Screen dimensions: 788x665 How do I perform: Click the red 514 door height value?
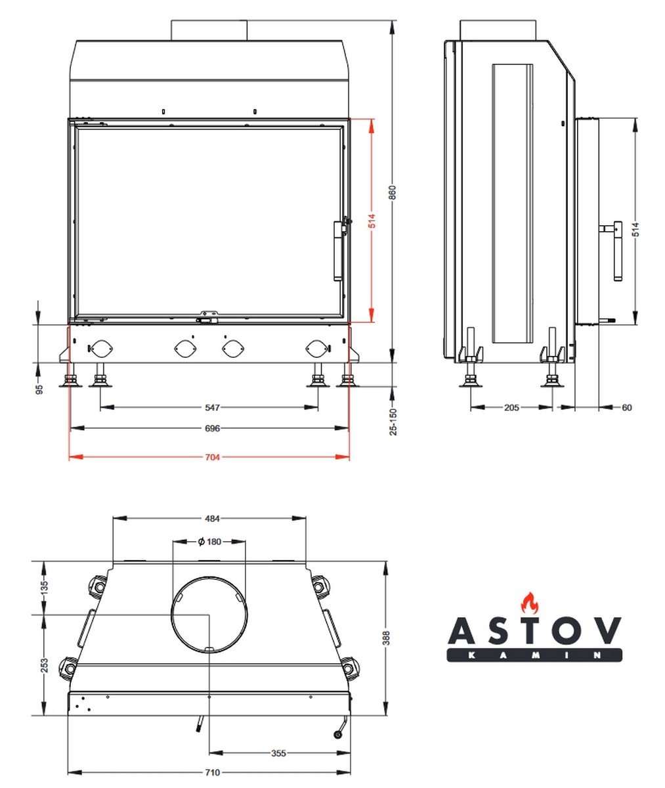coord(372,222)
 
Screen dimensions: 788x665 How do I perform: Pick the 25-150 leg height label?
coord(393,422)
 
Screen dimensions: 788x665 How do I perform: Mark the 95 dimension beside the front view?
coord(39,388)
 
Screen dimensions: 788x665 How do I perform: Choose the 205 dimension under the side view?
coord(511,408)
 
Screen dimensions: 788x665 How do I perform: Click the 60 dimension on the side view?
coord(626,408)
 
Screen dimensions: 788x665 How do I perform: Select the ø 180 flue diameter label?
coord(209,542)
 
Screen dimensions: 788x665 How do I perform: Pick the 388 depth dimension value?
coord(386,638)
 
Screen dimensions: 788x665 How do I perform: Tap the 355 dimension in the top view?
coord(278,753)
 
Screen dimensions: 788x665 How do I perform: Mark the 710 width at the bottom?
coord(211,772)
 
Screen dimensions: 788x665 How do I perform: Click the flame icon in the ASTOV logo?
coord(528,602)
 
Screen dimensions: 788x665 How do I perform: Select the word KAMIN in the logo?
coord(534,655)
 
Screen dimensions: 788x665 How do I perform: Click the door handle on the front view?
coord(339,250)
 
